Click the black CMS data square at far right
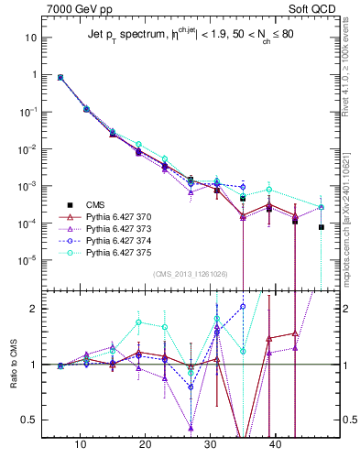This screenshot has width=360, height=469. click(322, 227)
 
